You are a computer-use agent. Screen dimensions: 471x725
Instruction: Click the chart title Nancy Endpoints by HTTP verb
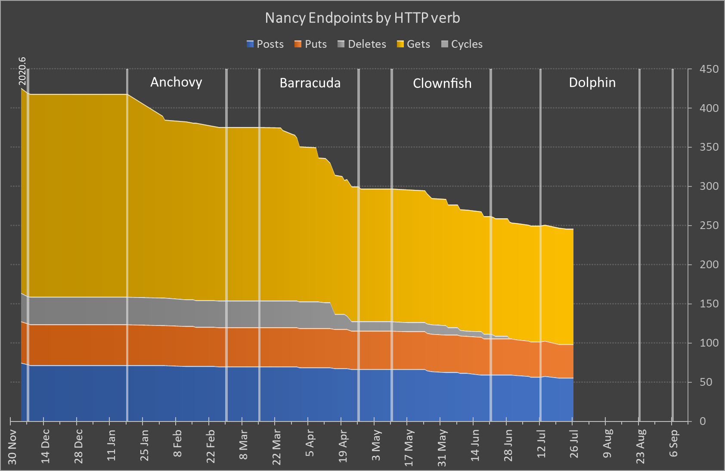362,18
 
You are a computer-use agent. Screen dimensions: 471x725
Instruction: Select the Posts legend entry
265,44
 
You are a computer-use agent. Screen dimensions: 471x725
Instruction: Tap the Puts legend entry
311,44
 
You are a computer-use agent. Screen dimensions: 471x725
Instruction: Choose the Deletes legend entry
362,44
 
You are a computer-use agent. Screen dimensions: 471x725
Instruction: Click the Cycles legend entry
462,44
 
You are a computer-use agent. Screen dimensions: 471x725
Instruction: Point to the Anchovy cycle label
176,82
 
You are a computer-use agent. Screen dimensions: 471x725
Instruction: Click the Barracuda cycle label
310,83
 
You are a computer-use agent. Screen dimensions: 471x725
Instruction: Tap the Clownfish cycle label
442,84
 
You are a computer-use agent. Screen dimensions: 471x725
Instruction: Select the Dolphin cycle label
592,83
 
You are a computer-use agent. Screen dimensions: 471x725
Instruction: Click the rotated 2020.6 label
22,71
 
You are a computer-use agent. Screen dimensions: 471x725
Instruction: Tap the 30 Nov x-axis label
12,446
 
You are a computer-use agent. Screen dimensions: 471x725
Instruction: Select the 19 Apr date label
343,446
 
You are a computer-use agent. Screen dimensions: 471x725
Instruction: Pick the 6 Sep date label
674,443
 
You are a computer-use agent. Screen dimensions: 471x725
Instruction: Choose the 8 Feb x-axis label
177,444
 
